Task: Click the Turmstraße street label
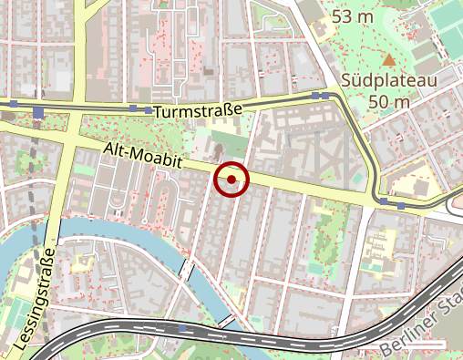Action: [198, 110]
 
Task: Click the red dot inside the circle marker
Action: [231, 180]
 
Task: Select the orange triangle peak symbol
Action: [390, 60]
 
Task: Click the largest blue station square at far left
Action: [37, 113]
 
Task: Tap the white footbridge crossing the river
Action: [187, 271]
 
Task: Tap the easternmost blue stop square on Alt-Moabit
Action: [402, 205]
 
